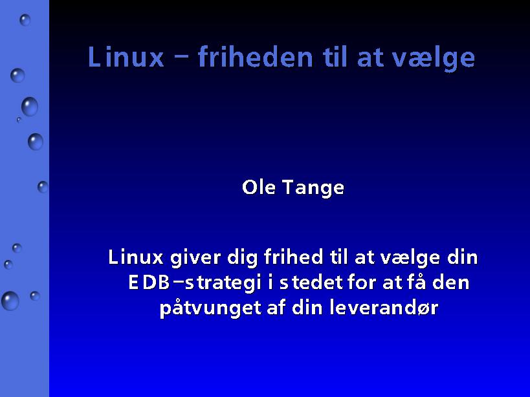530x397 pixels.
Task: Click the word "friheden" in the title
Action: click(x=256, y=57)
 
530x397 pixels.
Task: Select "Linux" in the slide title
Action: click(x=126, y=57)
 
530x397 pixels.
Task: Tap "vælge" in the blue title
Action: click(x=434, y=59)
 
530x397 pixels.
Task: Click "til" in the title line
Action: click(x=335, y=57)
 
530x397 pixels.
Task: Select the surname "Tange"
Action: click(x=313, y=188)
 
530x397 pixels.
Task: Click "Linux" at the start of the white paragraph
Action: click(x=135, y=257)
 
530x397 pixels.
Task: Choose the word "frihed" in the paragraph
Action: click(x=293, y=257)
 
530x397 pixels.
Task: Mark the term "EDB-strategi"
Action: click(x=195, y=283)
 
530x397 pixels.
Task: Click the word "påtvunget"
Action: click(x=210, y=308)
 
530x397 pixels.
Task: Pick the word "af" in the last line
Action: click(x=276, y=307)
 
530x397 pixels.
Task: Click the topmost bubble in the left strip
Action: click(x=25, y=20)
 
